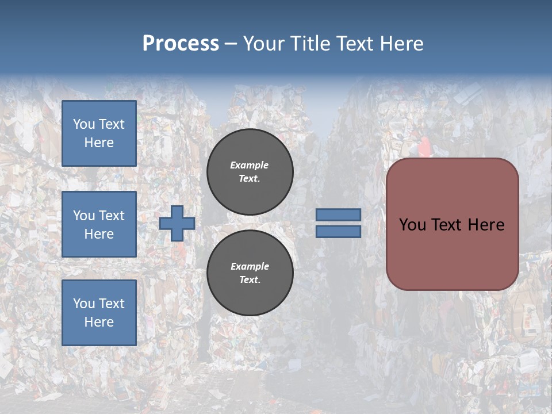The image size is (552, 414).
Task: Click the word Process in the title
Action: coord(181,44)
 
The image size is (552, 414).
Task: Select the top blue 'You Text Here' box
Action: coord(99,133)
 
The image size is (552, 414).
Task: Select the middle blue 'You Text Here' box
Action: coord(99,224)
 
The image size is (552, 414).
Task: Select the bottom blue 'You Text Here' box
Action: coord(99,313)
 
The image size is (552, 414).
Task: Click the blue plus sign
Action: coord(177,223)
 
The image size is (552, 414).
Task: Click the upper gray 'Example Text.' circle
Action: coord(250,171)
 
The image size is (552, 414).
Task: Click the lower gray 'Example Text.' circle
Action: coord(250,273)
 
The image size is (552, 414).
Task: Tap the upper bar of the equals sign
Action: coord(338,214)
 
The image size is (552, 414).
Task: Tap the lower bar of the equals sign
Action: coord(338,231)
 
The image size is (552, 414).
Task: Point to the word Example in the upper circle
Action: coord(250,165)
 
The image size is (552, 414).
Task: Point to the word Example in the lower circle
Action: coord(250,266)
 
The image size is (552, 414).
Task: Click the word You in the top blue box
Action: coord(84,124)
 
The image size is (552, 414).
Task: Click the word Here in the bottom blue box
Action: coord(99,322)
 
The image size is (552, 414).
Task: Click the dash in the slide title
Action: coord(231,44)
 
